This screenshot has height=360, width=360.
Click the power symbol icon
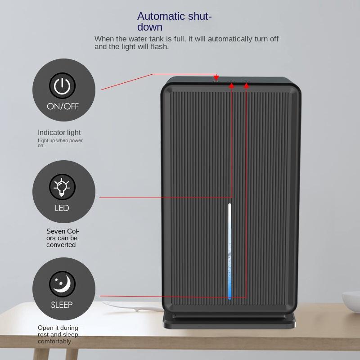tap(63, 85)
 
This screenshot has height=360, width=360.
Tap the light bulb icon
tap(62, 187)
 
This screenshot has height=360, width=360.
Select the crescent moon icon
tap(63, 284)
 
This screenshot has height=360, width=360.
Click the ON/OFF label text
tap(63, 107)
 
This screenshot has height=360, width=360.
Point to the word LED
tap(62, 208)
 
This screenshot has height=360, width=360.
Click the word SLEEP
tap(62, 305)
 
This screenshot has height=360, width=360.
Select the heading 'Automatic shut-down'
tap(174, 22)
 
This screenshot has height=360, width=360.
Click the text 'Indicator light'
tap(59, 132)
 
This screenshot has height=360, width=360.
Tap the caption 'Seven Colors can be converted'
tap(63, 238)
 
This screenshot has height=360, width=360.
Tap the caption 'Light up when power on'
tap(60, 143)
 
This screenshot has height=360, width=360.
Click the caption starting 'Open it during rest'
tap(58, 334)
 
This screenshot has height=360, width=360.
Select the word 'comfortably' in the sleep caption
tap(55, 342)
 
